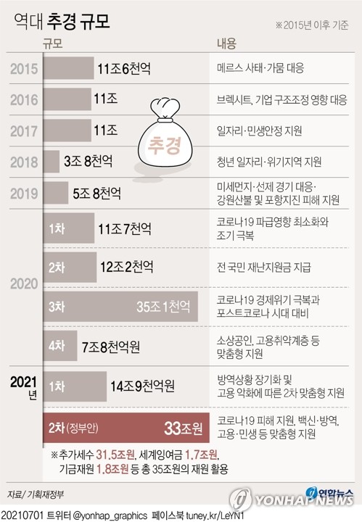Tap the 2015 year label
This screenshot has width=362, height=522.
(25, 69)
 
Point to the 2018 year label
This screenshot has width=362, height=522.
(25, 162)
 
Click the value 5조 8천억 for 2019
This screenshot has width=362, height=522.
(97, 194)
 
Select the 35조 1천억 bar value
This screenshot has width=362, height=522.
(165, 307)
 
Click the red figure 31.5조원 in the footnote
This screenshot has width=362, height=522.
(116, 454)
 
